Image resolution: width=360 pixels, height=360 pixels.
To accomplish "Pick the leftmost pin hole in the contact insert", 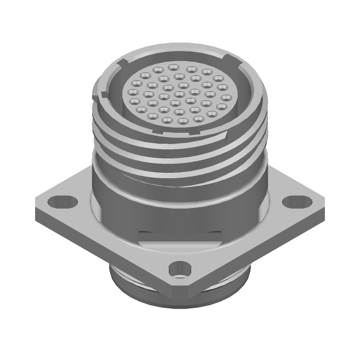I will click(x=133, y=92).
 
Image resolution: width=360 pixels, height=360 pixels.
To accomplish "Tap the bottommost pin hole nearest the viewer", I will click(x=183, y=121).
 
